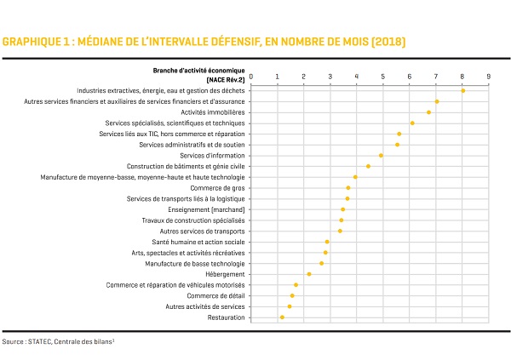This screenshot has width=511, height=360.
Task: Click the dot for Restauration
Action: [x=282, y=317]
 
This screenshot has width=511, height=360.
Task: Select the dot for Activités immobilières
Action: [x=428, y=112]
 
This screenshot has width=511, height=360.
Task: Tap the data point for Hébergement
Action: [x=309, y=274]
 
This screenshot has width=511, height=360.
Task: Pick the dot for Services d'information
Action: [x=381, y=156]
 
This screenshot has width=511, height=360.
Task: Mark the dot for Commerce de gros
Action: [x=348, y=188]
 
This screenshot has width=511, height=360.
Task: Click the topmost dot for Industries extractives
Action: [x=463, y=91]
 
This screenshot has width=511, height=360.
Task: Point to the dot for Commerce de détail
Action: [x=292, y=296]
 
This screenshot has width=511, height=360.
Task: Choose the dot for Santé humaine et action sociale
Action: [x=327, y=242]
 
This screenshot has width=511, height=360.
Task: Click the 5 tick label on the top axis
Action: [x=383, y=77]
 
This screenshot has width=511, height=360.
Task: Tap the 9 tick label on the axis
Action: [x=489, y=77]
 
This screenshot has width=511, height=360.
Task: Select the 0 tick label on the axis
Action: [x=251, y=77]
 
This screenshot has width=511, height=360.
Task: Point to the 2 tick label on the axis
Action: [x=304, y=77]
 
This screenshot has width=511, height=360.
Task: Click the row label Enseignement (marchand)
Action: [x=206, y=210]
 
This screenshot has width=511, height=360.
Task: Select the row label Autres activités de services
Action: [x=205, y=306]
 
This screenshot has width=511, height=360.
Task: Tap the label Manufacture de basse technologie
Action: [x=195, y=264]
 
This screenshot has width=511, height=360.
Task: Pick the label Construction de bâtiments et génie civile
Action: [x=186, y=167]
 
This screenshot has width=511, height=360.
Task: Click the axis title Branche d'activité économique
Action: [x=198, y=71]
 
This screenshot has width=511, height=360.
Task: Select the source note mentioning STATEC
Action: [x=58, y=342]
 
